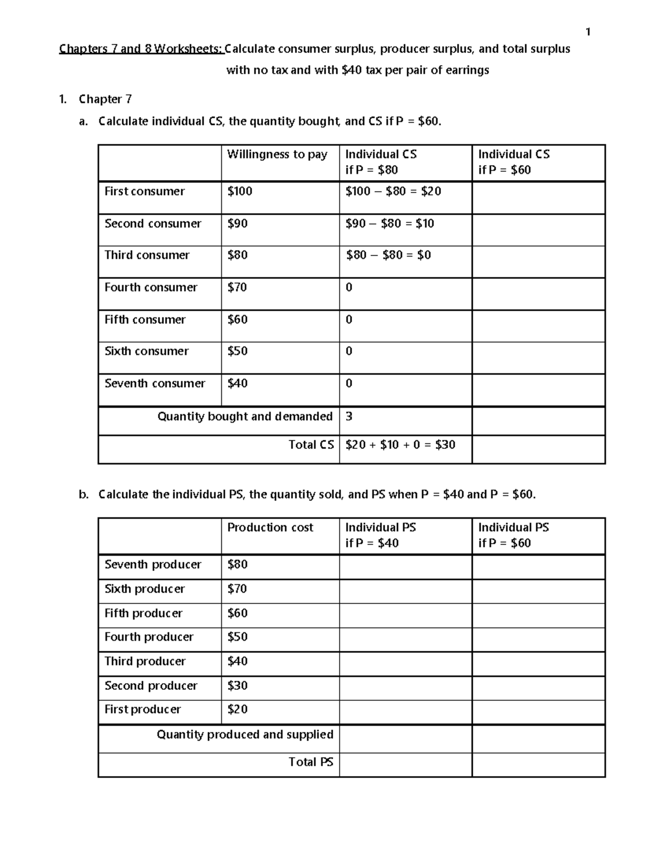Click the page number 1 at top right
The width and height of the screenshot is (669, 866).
point(588,32)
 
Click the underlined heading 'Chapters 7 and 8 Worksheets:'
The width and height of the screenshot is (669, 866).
point(141,49)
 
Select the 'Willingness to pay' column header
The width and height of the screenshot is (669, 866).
point(277,154)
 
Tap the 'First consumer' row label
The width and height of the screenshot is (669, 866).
point(144,191)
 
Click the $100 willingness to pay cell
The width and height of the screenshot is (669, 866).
point(240,191)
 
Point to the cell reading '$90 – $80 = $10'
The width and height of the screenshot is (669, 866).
point(390,224)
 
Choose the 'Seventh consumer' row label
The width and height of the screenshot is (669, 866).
point(154,384)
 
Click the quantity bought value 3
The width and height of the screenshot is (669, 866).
point(349,417)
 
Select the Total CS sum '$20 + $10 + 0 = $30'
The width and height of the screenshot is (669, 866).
point(400,445)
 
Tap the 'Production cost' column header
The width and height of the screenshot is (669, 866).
point(270,528)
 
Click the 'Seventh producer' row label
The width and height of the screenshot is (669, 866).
point(153,565)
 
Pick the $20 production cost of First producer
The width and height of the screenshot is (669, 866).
point(237,709)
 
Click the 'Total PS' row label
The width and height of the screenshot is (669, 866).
point(311,762)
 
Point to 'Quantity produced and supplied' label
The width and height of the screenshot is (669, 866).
point(245,735)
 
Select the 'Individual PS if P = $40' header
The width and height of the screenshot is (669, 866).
point(381,535)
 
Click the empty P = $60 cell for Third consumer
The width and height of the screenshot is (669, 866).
point(538,262)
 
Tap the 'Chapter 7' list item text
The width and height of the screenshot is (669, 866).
point(105,99)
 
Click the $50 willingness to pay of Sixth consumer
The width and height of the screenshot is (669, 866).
point(237,351)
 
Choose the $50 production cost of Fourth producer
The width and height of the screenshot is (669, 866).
point(237,637)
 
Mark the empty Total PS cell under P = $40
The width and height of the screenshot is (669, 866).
point(405,765)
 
